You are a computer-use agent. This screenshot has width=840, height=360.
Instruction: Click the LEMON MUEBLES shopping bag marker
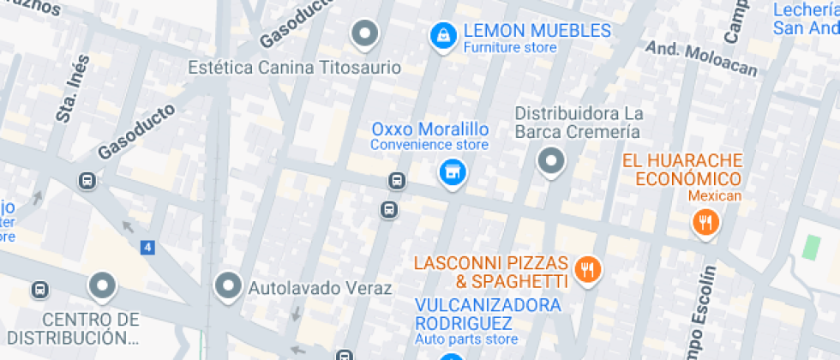click(442, 35)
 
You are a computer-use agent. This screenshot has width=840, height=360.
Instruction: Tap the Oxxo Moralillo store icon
click(452, 171)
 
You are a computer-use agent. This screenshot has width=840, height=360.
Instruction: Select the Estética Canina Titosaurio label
click(295, 66)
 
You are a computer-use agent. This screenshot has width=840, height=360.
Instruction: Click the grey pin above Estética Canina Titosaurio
click(366, 34)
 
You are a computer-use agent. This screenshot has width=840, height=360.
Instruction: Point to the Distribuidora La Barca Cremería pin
click(551, 160)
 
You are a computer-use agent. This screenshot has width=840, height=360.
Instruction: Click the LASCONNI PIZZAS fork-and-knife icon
click(588, 270)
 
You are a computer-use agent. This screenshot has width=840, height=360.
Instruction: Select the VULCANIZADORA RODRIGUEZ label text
click(488, 314)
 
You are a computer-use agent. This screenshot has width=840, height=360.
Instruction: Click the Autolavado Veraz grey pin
click(229, 285)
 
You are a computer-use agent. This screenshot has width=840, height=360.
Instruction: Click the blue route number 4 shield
click(149, 248)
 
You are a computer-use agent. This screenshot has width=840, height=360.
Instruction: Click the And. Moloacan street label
click(701, 57)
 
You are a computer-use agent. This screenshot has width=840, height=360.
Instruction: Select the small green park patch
click(810, 246)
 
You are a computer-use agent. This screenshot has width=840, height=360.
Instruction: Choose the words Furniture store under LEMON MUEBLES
click(510, 48)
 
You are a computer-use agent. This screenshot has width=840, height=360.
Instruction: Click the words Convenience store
click(429, 145)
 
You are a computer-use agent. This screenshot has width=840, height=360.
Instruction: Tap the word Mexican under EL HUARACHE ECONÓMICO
click(715, 196)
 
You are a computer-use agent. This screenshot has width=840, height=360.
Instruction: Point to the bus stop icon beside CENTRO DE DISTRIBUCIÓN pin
click(39, 290)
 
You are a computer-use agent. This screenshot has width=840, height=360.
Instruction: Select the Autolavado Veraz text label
click(320, 288)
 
